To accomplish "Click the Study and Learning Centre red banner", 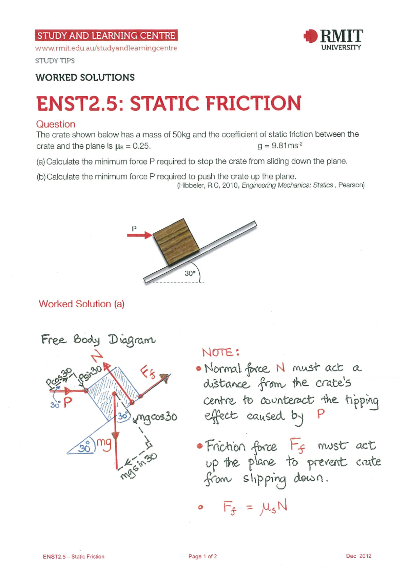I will coord(106,36).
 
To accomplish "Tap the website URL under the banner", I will coord(106,48).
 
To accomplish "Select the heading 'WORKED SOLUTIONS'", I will coord(85,77).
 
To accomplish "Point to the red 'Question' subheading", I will coord(56,124).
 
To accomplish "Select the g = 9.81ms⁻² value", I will coord(280,146).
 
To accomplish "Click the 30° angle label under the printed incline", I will coord(190,273).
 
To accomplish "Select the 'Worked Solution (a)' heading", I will coord(82,304).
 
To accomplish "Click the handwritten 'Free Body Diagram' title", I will coord(98,339).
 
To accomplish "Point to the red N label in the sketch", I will coord(97,356).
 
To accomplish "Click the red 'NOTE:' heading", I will coord(220,352).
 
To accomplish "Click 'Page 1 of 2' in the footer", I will coord(202,556).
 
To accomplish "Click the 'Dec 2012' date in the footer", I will coord(358,556).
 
